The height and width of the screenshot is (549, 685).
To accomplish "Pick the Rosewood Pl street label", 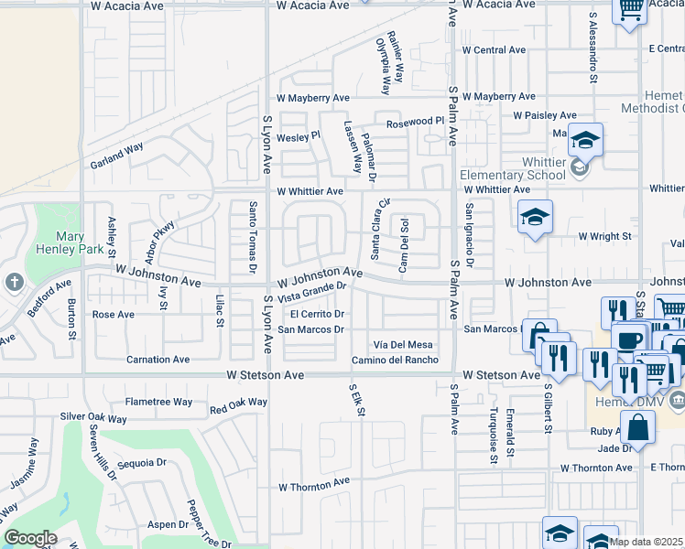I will (x=414, y=121).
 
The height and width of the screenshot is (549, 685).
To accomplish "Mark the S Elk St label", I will (x=357, y=401).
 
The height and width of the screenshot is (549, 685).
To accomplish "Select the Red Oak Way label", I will (x=238, y=406).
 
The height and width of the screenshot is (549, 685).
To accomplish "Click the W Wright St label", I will (x=604, y=236).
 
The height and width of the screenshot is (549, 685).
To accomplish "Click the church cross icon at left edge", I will (x=15, y=283).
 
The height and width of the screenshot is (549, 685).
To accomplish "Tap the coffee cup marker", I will (x=628, y=339).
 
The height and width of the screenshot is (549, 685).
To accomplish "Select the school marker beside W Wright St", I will (x=536, y=218).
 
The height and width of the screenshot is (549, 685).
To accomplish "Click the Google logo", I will (x=29, y=538).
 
